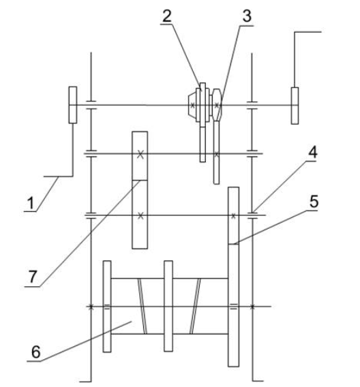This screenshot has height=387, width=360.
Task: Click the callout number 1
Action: [x=31, y=203]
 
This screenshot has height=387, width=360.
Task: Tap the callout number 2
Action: [x=167, y=16]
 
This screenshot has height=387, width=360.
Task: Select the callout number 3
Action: [x=247, y=16]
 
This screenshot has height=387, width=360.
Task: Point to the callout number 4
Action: [x=312, y=153]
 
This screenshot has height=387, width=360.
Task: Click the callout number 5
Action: [x=314, y=202]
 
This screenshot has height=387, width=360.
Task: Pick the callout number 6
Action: [x=36, y=352]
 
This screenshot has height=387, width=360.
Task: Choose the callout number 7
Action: [x=33, y=277]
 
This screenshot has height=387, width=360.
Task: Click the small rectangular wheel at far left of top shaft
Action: [x=72, y=105]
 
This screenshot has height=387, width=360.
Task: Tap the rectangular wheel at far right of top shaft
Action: [x=295, y=106]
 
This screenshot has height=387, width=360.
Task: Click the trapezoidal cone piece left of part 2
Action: [x=192, y=106]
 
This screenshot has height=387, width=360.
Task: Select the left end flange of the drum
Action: [x=107, y=307]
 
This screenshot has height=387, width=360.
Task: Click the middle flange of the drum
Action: [x=168, y=306]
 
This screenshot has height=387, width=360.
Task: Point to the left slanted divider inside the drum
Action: [x=142, y=306]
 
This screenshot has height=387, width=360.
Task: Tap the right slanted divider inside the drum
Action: [x=195, y=306]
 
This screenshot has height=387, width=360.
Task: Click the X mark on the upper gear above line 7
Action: [x=140, y=155]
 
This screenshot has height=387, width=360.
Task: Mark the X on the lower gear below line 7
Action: [x=140, y=216]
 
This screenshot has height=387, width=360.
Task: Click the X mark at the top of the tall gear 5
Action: [x=233, y=216]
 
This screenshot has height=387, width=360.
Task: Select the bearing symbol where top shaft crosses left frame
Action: [x=91, y=105]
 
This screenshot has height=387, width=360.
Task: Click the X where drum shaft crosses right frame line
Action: [x=252, y=307]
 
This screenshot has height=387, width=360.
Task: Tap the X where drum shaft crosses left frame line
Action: [x=91, y=307]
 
